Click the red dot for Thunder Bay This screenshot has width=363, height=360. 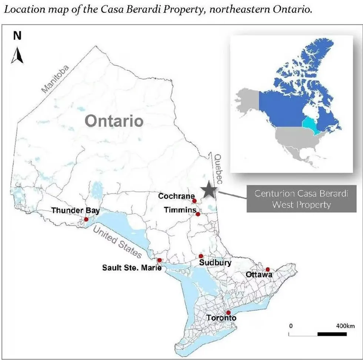point(86,219)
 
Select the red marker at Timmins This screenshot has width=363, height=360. point(198,214)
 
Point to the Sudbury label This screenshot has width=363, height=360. point(215,263)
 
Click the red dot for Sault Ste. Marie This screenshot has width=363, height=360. point(159,260)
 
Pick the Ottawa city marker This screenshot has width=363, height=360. point(268,269)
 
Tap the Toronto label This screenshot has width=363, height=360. point(221,318)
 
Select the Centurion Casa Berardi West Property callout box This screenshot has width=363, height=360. point(301,199)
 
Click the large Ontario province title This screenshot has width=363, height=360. point(114,121)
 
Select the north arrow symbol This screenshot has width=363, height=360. point(17,55)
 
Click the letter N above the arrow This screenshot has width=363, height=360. point(17,36)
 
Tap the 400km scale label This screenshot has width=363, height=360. point(345,326)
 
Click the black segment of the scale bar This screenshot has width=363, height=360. point(332,334)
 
